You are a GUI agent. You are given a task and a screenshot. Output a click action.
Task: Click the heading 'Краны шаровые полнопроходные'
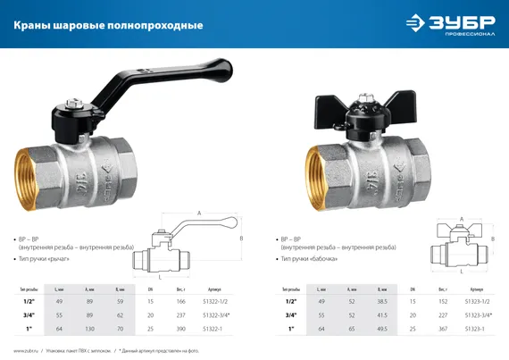point(108,25)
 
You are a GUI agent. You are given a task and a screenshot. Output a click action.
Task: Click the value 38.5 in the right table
point(383,303)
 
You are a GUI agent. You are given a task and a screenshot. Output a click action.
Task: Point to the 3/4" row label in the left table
point(29,315)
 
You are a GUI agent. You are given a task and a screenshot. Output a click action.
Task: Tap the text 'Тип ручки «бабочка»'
point(321,258)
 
